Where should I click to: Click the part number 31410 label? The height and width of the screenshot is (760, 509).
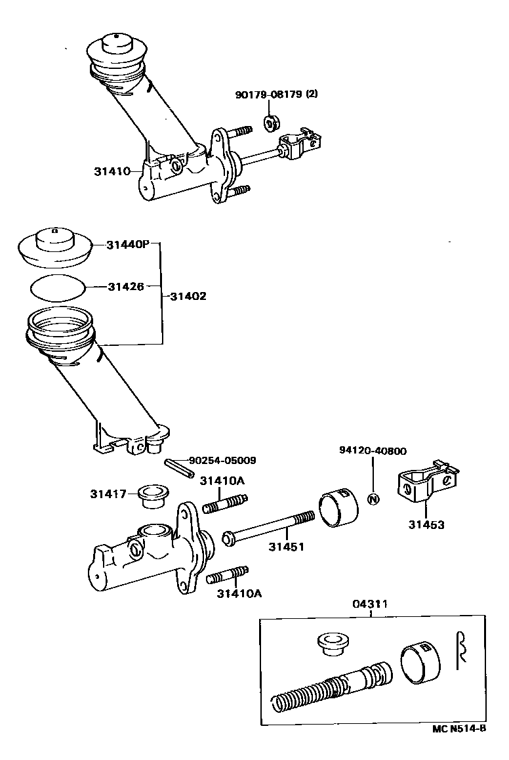click(x=112, y=171)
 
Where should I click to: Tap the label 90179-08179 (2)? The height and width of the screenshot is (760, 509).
click(x=277, y=95)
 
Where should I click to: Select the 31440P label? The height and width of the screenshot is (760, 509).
click(x=127, y=245)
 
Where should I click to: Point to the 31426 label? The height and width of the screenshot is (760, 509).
click(x=126, y=286)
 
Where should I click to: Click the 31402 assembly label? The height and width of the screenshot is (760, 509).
click(x=188, y=295)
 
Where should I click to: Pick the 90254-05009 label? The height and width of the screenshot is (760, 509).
click(x=222, y=461)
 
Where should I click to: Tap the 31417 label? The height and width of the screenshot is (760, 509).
click(x=108, y=494)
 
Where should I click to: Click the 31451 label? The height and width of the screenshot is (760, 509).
click(x=287, y=547)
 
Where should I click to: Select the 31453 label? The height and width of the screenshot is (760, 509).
click(x=426, y=524)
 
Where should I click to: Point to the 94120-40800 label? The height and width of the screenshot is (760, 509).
click(x=373, y=451)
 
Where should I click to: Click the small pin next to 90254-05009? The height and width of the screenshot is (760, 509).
click(x=179, y=468)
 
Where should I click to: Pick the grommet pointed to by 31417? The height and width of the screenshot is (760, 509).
click(x=154, y=496)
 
